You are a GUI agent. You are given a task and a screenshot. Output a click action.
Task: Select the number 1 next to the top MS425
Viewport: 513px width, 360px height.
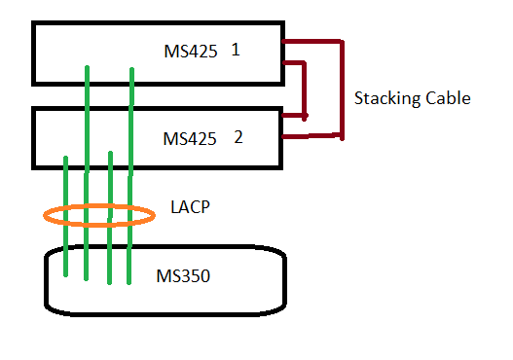[236, 50]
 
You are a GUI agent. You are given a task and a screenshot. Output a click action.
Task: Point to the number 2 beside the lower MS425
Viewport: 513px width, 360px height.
[238, 136]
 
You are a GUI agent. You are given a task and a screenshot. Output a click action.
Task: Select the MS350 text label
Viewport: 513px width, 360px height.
[183, 276]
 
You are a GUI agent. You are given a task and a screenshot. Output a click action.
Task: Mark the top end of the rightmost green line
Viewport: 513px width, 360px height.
[130, 68]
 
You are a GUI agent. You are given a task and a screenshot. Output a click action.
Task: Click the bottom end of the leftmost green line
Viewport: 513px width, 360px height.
[65, 275]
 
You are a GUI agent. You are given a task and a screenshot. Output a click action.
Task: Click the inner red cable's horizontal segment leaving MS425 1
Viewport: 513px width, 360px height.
[294, 63]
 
